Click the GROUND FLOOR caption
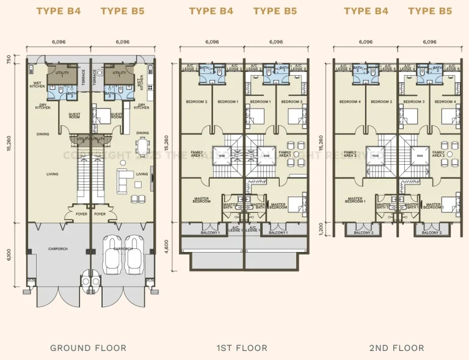click(x=89, y=348)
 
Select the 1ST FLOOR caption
click(x=242, y=348)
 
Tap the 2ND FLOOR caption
click(x=396, y=348)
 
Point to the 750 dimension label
click(x=8, y=59)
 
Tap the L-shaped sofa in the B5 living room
click(x=126, y=179)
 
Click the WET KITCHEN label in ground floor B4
click(x=37, y=85)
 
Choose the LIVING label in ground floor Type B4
click(x=53, y=174)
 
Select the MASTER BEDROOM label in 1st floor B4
click(x=202, y=200)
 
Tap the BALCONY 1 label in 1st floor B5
click(x=278, y=232)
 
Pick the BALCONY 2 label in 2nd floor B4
click(x=363, y=232)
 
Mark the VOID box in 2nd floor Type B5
click(x=420, y=155)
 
